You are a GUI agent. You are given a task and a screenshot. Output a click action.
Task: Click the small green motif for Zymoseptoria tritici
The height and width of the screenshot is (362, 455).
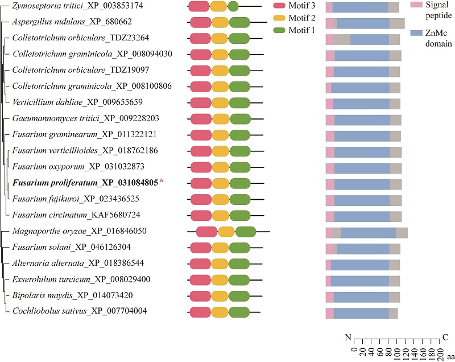pos(233,7)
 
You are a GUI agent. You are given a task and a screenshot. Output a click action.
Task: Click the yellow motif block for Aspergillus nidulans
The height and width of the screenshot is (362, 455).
pos(218,23)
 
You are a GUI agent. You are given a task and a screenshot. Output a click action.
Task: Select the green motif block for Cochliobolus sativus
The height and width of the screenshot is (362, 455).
pos(239,311)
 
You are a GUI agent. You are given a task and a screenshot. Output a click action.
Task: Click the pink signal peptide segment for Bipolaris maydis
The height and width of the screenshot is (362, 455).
pos(329,297)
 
